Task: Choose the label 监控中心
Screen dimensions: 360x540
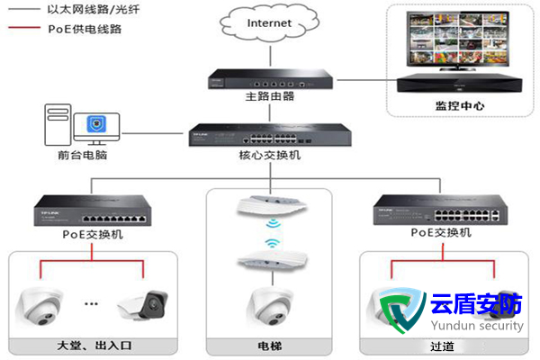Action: [460, 105]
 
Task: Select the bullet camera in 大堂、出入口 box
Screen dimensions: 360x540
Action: [142, 306]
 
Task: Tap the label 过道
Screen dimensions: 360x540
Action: [439, 345]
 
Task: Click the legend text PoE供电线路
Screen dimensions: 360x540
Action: [85, 29]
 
